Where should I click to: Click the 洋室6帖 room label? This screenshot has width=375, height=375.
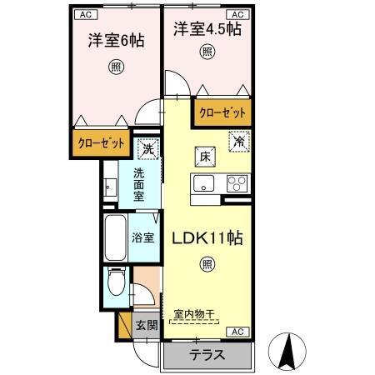pos(116,39)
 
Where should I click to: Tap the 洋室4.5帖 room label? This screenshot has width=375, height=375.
pos(207,29)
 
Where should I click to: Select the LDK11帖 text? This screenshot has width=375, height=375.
pos(207,237)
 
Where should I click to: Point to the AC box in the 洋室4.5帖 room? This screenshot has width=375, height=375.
pos(236,14)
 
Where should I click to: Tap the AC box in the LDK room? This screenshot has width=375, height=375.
pos(237,332)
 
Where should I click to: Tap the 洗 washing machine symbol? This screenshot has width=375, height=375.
pos(147,150)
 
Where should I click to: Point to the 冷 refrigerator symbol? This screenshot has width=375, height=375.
pos(238,141)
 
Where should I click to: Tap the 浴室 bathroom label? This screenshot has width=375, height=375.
pos(142,237)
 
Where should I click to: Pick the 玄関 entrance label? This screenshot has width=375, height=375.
pos(146,325)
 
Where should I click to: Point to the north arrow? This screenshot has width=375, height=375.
pos(292,350)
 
